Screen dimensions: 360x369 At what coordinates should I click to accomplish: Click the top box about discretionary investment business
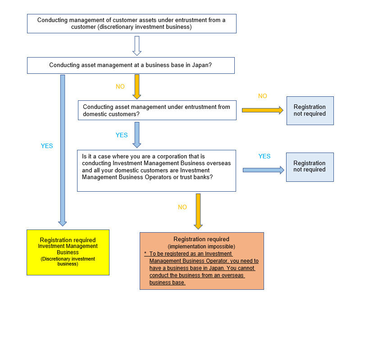(132, 23)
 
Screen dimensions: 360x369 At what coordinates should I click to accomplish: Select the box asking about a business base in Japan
(131, 65)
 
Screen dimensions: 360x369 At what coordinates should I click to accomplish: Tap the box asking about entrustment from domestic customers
(157, 110)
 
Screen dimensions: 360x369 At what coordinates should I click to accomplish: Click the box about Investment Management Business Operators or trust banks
(156, 171)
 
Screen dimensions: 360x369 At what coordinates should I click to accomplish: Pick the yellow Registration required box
(68, 252)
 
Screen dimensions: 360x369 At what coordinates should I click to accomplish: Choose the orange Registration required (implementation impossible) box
(201, 261)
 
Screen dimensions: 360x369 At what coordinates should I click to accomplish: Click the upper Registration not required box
(310, 110)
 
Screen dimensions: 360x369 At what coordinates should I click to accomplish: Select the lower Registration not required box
(310, 166)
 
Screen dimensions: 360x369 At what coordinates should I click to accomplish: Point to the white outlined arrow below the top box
(137, 45)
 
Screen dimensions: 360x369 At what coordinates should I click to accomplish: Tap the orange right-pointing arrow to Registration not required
(262, 110)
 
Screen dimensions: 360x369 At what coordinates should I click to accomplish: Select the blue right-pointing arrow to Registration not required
(263, 170)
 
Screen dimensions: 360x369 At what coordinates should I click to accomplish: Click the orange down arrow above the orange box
(198, 211)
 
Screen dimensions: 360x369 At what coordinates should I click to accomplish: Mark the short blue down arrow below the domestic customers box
(137, 135)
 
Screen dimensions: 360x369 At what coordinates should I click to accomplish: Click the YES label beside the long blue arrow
(47, 146)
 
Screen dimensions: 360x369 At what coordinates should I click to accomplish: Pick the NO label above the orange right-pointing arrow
(262, 96)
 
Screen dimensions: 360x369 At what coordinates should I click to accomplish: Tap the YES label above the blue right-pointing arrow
(264, 156)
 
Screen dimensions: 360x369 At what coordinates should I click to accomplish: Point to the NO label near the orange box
(182, 207)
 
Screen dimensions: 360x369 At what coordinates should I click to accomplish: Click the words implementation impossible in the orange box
(201, 247)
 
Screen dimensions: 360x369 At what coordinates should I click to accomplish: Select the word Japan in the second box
(199, 65)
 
